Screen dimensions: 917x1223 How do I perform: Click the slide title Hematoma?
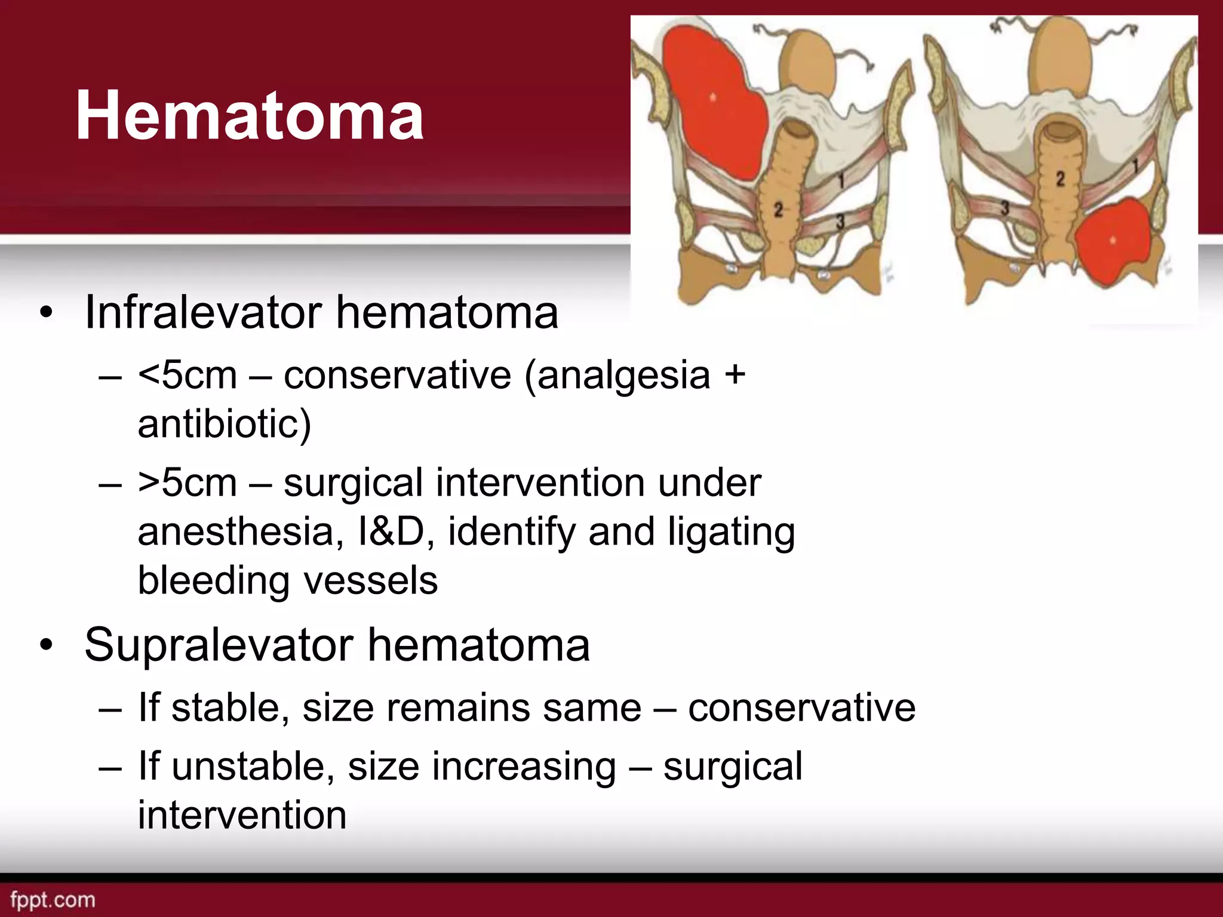(249, 115)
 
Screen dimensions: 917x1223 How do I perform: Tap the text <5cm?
(188, 376)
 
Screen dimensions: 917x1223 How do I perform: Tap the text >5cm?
(188, 483)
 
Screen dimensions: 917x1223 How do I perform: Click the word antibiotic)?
(224, 424)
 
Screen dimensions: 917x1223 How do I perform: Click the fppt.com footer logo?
(53, 900)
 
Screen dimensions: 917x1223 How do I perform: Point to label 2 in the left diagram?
(778, 210)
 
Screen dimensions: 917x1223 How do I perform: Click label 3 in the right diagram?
(1005, 208)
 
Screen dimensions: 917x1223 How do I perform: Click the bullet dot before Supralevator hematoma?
(47, 646)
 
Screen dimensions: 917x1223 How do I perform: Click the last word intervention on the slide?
(242, 816)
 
